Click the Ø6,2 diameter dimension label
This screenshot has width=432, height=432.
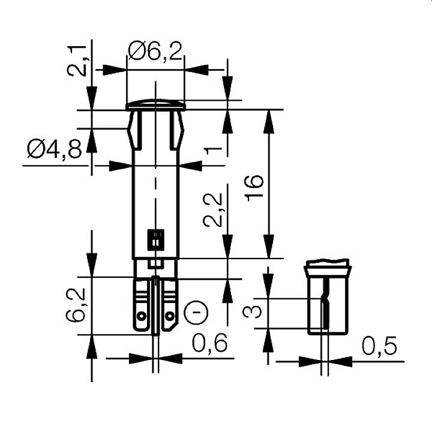tap(155, 52)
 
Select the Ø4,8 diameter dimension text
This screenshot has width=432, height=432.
tap(54, 149)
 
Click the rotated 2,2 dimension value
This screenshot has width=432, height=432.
tap(213, 210)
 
